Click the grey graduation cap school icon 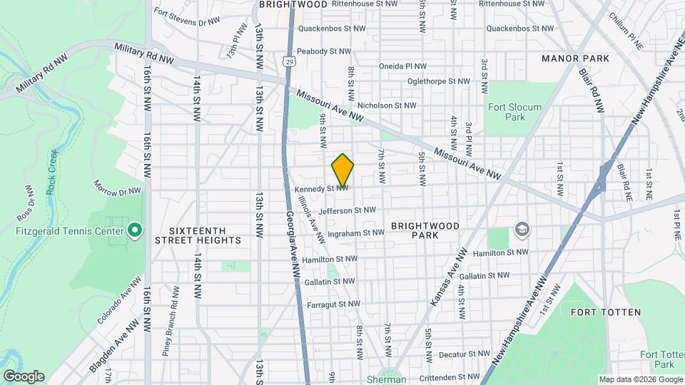point(522,229)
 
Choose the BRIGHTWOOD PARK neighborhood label point(425,230)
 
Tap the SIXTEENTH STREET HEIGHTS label point(198,235)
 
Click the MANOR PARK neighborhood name point(575,58)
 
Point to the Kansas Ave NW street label point(449,278)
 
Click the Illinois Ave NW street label point(311,213)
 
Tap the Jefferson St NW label point(347,210)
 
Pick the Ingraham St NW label point(357,232)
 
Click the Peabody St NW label point(325,51)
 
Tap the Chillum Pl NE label point(627,21)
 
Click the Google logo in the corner point(24,376)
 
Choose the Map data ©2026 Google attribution point(640,379)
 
